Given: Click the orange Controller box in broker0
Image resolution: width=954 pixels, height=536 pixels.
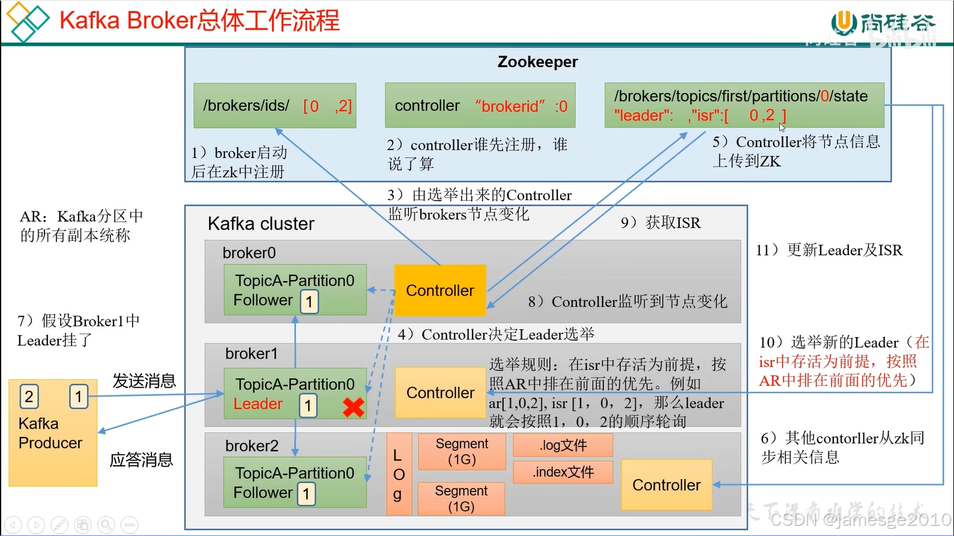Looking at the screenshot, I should [440, 290].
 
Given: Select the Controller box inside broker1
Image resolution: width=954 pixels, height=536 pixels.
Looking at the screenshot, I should [440, 392].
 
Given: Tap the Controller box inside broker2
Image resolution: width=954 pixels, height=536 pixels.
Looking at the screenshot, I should [666, 485].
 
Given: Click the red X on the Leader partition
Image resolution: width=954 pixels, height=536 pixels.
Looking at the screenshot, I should [354, 407].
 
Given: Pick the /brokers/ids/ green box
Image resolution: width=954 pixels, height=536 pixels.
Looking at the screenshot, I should [275, 106].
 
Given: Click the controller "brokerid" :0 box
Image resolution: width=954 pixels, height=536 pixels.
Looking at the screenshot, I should [480, 106].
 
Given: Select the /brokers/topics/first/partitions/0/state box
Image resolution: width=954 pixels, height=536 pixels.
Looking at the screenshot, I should [744, 105].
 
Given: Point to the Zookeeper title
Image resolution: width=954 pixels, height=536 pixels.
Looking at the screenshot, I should [537, 62].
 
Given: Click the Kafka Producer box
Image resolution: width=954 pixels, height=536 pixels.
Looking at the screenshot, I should [53, 433].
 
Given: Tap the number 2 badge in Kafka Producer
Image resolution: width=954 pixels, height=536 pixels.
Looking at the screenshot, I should [29, 397].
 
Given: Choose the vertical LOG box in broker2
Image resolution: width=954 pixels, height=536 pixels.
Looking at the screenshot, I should [399, 474].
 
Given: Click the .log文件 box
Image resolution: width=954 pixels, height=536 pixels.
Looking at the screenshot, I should [563, 445].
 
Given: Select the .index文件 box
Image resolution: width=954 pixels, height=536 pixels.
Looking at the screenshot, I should [563, 472].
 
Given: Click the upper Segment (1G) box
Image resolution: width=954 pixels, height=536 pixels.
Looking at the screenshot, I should [462, 452].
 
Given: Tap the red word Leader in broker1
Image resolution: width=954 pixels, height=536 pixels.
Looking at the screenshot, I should [258, 404].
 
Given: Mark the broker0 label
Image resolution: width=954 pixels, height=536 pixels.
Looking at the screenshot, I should [249, 253].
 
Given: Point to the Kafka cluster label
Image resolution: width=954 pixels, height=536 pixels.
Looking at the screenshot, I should [261, 224].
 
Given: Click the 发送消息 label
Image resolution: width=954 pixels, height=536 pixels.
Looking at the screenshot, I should [144, 381].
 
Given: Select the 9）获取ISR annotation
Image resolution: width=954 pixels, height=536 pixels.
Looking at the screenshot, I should [660, 223].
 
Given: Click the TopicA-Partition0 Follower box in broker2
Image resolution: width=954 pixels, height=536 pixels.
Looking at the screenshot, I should [295, 483].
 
